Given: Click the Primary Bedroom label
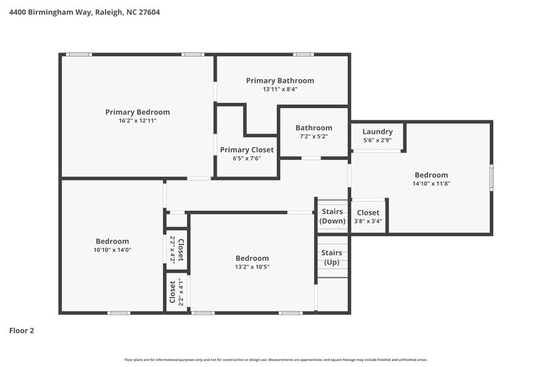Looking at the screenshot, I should [137, 112].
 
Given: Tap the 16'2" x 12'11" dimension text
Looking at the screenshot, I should [137, 120].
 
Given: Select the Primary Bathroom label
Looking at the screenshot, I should [279, 81].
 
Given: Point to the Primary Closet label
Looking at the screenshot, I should [246, 149].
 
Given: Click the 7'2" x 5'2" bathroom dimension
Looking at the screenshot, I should [313, 136].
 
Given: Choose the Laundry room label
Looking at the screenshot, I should [377, 132].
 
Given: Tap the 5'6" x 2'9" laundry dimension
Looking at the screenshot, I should [377, 140].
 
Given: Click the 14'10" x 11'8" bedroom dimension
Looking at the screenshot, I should [431, 184].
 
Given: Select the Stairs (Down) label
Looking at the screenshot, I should [332, 217].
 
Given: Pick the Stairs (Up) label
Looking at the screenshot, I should [332, 258].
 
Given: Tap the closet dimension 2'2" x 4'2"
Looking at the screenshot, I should [172, 250].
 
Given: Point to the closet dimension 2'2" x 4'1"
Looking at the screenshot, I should [181, 292].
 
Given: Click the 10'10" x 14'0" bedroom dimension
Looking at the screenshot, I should [112, 250].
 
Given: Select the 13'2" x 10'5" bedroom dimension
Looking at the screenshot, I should [252, 267].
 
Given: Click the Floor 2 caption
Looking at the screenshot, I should [21, 331].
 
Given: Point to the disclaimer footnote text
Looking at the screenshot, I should [275, 359].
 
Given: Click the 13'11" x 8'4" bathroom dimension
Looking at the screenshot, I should [279, 90].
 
